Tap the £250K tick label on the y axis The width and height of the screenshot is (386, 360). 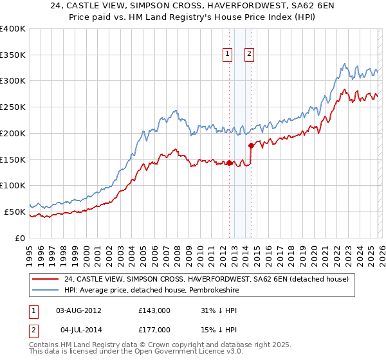[x=13, y=107]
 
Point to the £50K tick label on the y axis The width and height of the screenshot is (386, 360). [x=15, y=212]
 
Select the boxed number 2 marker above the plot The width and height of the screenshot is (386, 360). [x=249, y=55]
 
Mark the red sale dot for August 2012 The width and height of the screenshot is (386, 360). [x=229, y=163]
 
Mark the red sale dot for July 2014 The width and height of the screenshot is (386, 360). [x=251, y=145]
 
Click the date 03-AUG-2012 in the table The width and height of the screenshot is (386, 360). [x=78, y=310]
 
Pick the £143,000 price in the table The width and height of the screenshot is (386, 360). [x=154, y=310]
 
